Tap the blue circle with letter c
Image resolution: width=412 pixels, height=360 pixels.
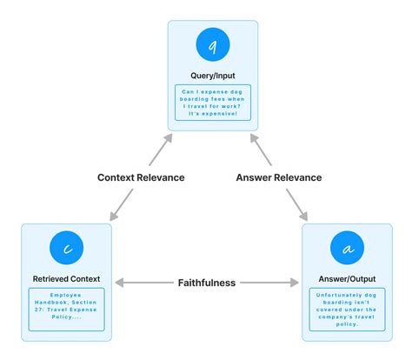click(x=66, y=250)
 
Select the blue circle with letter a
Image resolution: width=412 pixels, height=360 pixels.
click(x=347, y=250)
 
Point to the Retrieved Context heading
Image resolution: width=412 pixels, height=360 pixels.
click(x=66, y=279)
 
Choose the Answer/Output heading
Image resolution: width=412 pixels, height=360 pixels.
click(x=347, y=279)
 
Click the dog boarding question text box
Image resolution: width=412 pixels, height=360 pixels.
click(x=213, y=103)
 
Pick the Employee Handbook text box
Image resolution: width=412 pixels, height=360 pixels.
click(x=66, y=307)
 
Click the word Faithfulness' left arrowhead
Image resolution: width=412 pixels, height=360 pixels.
click(x=120, y=283)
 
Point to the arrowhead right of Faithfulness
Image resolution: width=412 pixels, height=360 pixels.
click(x=296, y=283)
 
